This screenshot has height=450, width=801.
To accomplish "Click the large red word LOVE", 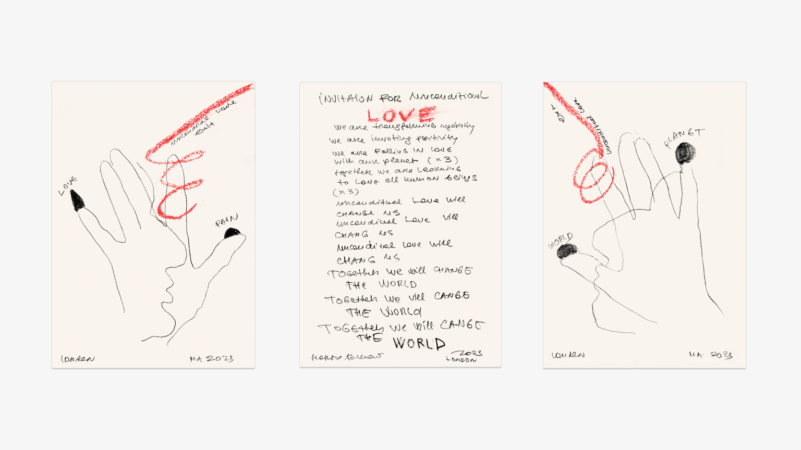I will point(400,115).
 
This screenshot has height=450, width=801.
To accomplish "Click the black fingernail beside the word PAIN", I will point(232,233).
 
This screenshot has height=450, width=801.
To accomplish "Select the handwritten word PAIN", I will point(227,221).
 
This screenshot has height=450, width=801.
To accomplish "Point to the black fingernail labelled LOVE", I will point(77,201).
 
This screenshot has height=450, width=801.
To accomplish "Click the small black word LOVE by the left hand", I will point(68,185).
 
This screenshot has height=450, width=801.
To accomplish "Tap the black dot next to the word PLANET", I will point(685,153).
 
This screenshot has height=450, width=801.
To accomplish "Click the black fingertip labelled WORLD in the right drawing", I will point(567,252).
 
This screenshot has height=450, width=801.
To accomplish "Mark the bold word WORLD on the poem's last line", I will point(419,343).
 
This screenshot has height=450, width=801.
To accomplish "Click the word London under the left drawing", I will point(78,359).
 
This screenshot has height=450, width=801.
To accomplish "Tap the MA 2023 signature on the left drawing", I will point(212,359).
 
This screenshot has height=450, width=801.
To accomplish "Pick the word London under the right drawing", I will point(568,355).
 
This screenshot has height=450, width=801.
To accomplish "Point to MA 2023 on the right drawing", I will point(710,355).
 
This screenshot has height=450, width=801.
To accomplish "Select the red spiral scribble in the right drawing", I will point(592,177).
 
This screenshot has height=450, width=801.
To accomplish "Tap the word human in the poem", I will point(421,179).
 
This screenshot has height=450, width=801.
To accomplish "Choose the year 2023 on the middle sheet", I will point(468,353).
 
